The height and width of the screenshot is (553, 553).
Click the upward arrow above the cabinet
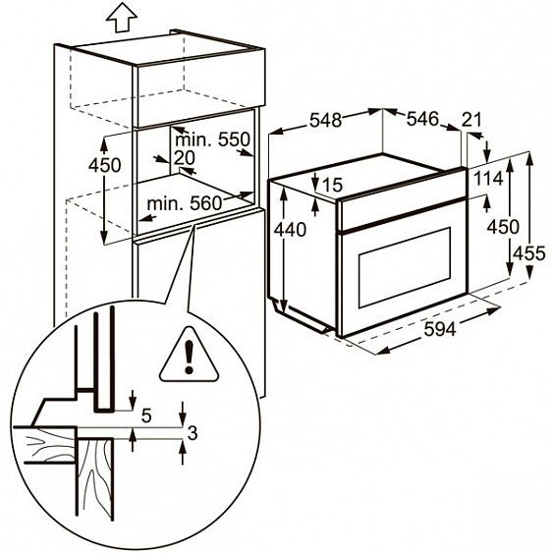[x=120, y=17]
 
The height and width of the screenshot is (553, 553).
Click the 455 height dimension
[x=531, y=253]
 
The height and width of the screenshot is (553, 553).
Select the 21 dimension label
[x=471, y=120]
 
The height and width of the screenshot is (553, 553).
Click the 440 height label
[x=292, y=230]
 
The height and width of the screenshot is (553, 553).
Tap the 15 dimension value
[x=330, y=185]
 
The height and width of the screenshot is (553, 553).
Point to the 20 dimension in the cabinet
[x=184, y=158]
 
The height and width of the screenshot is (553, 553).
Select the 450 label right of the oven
[x=501, y=226]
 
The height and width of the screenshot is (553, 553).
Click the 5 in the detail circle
[x=146, y=416]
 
